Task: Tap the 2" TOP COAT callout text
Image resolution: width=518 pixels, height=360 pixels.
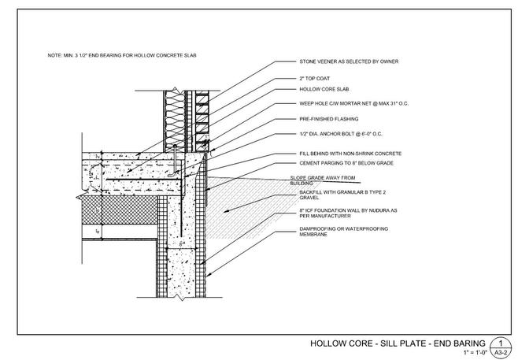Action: pyautogui.click(x=315, y=80)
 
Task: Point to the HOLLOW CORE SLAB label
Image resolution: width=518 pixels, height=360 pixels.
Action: pyautogui.click(x=323, y=91)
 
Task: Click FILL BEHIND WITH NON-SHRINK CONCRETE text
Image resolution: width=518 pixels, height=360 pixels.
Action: pyautogui.click(x=350, y=152)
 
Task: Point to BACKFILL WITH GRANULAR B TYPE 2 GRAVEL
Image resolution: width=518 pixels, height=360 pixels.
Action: pyautogui.click(x=337, y=195)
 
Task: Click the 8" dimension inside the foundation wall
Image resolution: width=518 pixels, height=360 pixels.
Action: pyautogui.click(x=182, y=245)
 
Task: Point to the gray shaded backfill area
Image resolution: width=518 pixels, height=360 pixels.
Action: pyautogui.click(x=244, y=205)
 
